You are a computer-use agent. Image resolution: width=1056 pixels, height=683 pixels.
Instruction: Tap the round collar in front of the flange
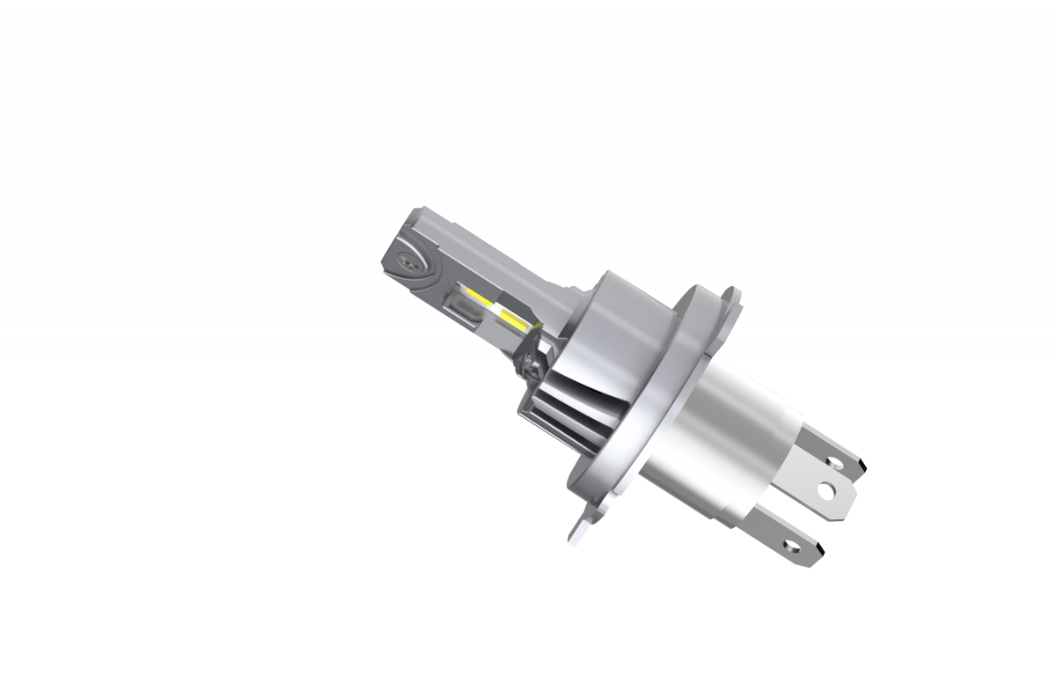[x=625, y=326]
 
